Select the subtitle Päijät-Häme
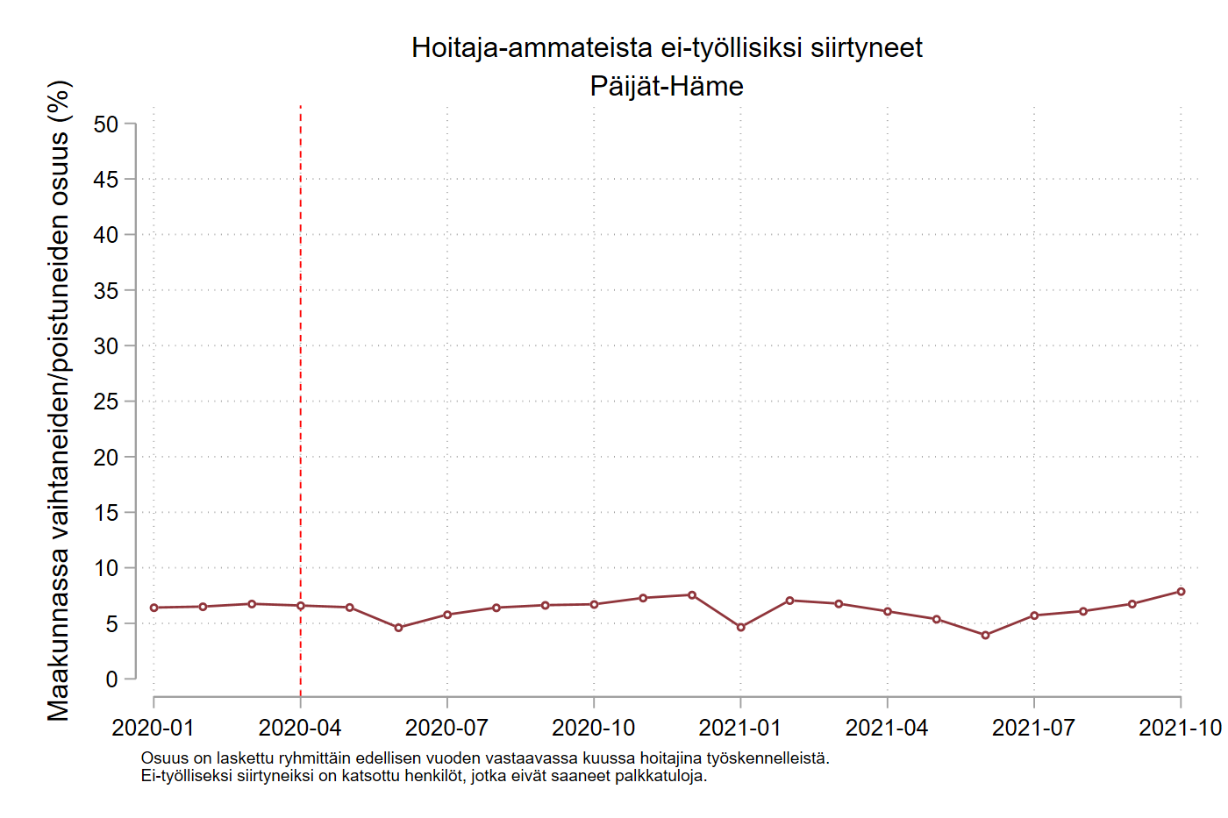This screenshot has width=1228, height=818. point(667,86)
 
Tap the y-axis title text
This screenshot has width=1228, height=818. point(59,401)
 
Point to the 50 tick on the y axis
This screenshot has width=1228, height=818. point(106,124)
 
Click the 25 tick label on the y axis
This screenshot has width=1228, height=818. point(106,402)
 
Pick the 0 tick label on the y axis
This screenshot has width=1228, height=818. point(111,679)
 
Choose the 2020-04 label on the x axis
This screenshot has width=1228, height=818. point(300,728)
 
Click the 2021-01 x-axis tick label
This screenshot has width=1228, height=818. point(740,728)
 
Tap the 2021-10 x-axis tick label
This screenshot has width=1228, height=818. point(1180,728)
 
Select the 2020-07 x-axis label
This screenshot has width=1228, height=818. point(446,728)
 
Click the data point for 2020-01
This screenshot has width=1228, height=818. point(154,608)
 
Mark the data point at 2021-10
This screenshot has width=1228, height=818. point(1181,592)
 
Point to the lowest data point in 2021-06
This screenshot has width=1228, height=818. point(985,635)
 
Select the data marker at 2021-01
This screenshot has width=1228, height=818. point(741,627)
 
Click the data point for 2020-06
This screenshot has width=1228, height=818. point(398,628)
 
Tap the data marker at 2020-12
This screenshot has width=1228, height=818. point(692,595)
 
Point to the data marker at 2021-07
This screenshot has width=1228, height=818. point(1034,615)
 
